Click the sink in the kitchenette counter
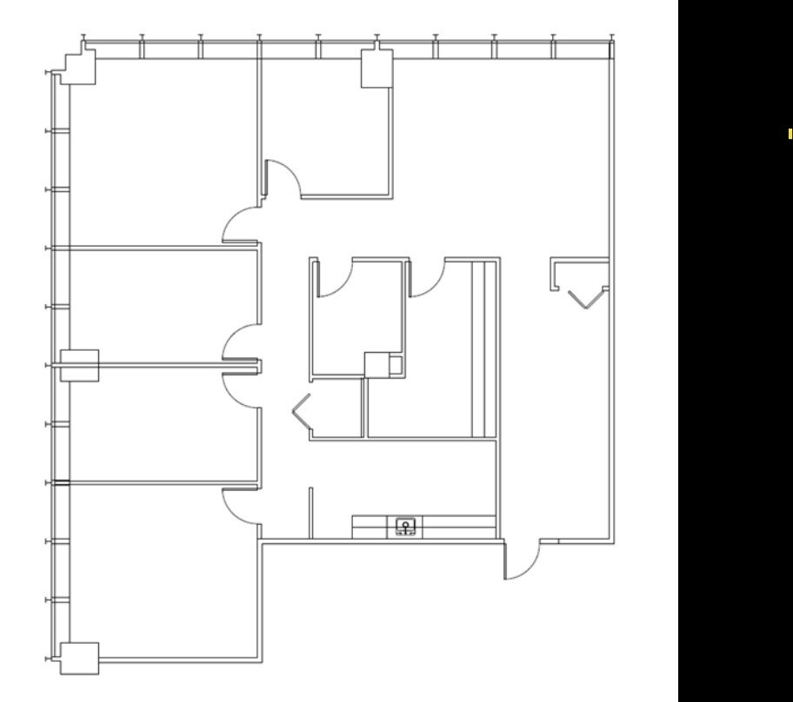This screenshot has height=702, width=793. click(x=405, y=526)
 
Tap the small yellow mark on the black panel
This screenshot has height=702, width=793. click(x=790, y=134)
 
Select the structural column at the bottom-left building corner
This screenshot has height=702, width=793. click(x=78, y=658)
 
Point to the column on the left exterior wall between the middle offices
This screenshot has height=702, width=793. click(x=79, y=365)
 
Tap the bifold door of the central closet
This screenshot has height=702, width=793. click(x=301, y=408)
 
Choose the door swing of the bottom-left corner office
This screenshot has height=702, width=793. click(x=240, y=504)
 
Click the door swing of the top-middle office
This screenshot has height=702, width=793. click(x=283, y=176)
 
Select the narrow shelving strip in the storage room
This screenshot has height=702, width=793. click(x=477, y=348)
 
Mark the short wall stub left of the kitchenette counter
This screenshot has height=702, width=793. click(x=310, y=513)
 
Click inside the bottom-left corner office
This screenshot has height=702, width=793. click(x=157, y=573)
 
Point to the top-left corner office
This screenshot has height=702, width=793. click(x=157, y=156)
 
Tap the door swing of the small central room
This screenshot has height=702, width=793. click(x=334, y=278)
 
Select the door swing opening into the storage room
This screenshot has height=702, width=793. click(x=426, y=278)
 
